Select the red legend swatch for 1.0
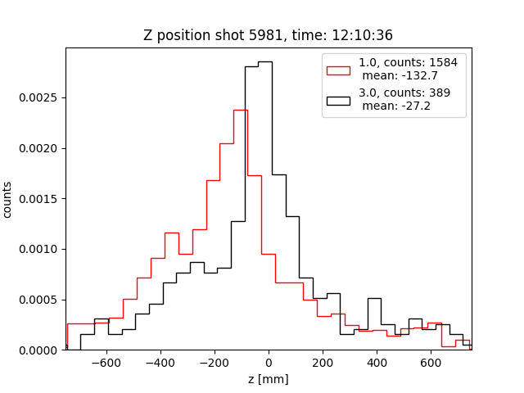coord(338,70)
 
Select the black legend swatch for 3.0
coord(338,101)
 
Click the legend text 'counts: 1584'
coord(418,62)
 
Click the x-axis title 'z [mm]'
coord(269,379)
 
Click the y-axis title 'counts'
coord(7,200)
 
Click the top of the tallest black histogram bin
coord(265,62)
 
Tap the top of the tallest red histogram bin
coord(240,110)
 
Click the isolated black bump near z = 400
coord(374,299)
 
